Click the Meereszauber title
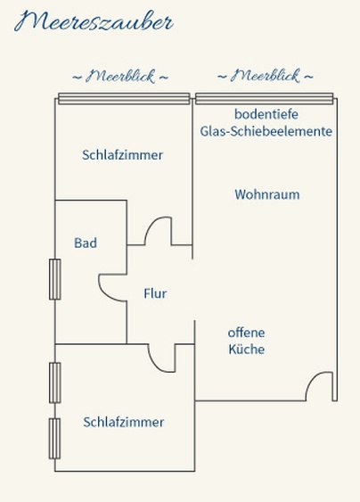point(94,21)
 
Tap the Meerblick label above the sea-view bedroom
point(120,77)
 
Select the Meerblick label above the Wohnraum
point(265,76)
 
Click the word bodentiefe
point(266,114)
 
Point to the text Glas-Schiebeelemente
point(266,131)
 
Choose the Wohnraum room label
point(267,194)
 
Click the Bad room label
point(86,243)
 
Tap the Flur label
point(155,293)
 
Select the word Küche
point(247,349)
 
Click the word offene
point(247,333)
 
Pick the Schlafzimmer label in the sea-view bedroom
point(123,155)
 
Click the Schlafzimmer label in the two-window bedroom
point(124,422)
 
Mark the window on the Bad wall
point(54,279)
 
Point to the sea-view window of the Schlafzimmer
point(124,99)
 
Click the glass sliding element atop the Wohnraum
point(265,99)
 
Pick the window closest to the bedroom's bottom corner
point(54,439)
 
